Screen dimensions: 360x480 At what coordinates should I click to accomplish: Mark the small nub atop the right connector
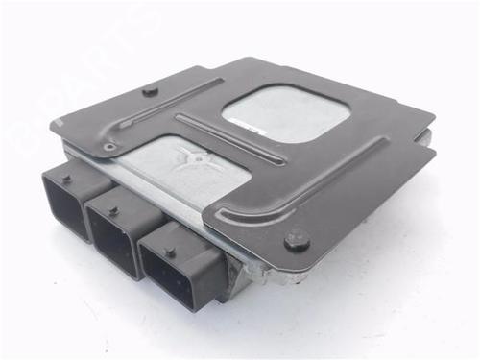[171, 251]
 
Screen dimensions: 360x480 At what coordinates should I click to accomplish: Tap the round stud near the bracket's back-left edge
[146, 91]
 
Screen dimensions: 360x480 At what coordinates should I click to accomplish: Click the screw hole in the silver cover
[199, 156]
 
